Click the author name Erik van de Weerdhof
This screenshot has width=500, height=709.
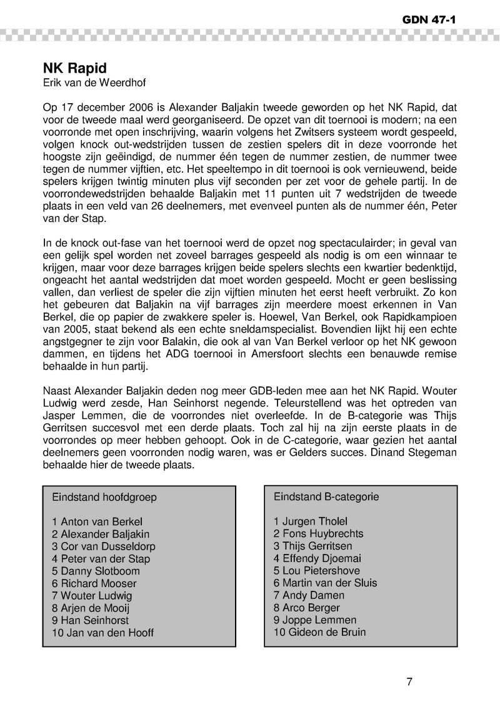(x=90, y=82)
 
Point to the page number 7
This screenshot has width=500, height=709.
(x=409, y=681)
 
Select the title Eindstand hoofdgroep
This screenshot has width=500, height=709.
(x=104, y=498)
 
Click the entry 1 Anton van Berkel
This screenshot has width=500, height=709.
(x=97, y=521)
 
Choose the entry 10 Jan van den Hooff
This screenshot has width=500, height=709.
(x=103, y=632)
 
